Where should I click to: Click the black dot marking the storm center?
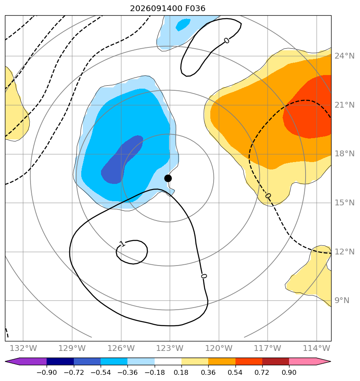point(168,179)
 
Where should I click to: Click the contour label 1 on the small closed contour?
point(122,244)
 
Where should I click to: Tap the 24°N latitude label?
point(344,56)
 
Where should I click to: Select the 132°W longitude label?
point(23,348)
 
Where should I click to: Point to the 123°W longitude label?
point(169,348)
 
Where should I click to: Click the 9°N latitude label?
point(342,300)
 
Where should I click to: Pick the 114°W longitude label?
point(316,348)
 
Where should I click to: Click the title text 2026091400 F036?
point(168,9)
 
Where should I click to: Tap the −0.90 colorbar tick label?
point(47,372)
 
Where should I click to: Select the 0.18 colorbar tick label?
point(181,372)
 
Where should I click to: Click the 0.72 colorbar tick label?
point(262,372)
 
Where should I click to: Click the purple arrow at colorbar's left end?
point(26,361)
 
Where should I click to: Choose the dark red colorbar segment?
point(275,361)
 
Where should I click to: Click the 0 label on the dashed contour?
point(268,196)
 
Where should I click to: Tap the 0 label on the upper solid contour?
point(226,40)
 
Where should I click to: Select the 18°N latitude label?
point(344,153)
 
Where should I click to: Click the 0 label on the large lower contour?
point(204,276)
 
